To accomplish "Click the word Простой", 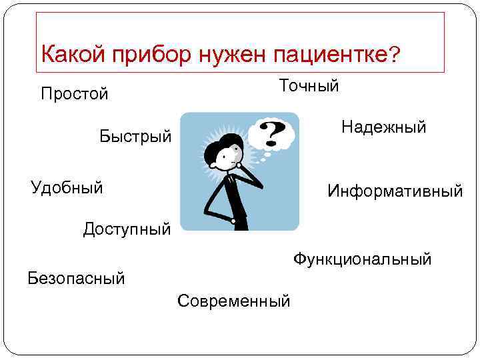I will pyautogui.click(x=74, y=93).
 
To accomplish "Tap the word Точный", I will pyautogui.click(x=309, y=86).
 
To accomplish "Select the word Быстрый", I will pyautogui.click(x=135, y=137).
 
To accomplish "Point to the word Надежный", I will pyautogui.click(x=383, y=127).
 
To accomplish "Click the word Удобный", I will pyautogui.click(x=67, y=187).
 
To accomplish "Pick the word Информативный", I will pyautogui.click(x=395, y=191).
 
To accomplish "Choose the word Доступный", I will pyautogui.click(x=127, y=231).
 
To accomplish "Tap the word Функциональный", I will pyautogui.click(x=362, y=259).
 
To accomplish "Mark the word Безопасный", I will pyautogui.click(x=76, y=277).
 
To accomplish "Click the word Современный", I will pyautogui.click(x=234, y=301).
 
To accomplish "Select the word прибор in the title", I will pyautogui.click(x=145, y=53).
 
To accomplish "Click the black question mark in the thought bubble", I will pyautogui.click(x=269, y=133).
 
